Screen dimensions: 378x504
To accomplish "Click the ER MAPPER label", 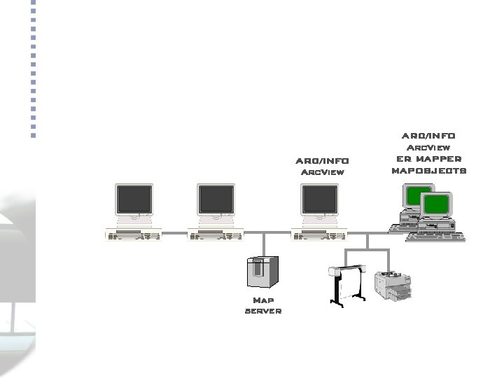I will tap(428, 159).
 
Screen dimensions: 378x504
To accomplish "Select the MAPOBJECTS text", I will tap(428, 170).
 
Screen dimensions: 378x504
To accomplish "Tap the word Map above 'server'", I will tap(263, 300).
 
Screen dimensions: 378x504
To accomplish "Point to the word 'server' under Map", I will tap(263, 311).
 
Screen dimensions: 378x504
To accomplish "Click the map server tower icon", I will tap(262, 272).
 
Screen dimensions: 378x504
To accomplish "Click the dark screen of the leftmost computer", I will tap(134, 200).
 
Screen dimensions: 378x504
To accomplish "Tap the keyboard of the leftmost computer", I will tap(133, 237).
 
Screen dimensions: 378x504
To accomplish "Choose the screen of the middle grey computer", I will tap(216, 200).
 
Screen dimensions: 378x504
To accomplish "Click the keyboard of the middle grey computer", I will tap(216, 237).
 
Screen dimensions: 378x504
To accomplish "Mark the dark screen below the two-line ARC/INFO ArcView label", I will tap(319, 200).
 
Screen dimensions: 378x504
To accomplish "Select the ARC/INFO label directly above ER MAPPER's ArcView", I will tap(428, 136).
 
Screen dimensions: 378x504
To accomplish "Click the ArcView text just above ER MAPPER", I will tap(428, 148).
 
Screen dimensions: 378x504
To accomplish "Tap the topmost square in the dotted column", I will tap(34, 3).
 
